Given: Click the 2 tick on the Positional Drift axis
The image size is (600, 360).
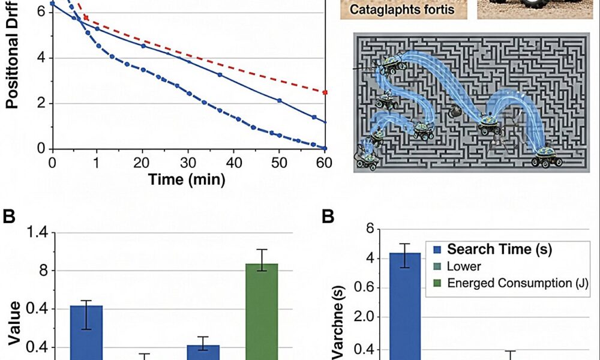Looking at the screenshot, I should [x=40, y=103].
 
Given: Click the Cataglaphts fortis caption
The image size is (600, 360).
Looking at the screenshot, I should [x=401, y=10].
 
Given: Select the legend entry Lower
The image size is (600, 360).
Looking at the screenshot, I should [x=464, y=266].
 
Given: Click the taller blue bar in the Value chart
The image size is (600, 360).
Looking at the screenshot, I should [x=86, y=332].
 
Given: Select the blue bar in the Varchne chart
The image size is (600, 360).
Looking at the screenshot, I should [x=405, y=306].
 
